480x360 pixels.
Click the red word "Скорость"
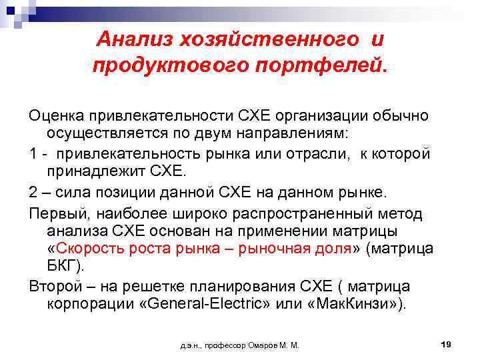pyautogui.click(x=87, y=249)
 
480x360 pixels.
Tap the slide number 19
pyautogui.click(x=447, y=343)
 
